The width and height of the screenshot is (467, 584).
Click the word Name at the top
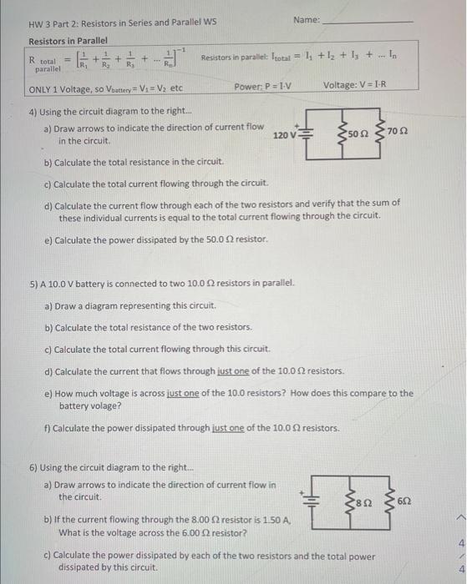click(x=306, y=18)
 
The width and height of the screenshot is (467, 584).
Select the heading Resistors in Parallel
click(x=69, y=41)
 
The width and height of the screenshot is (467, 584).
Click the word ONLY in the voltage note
click(x=42, y=88)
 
